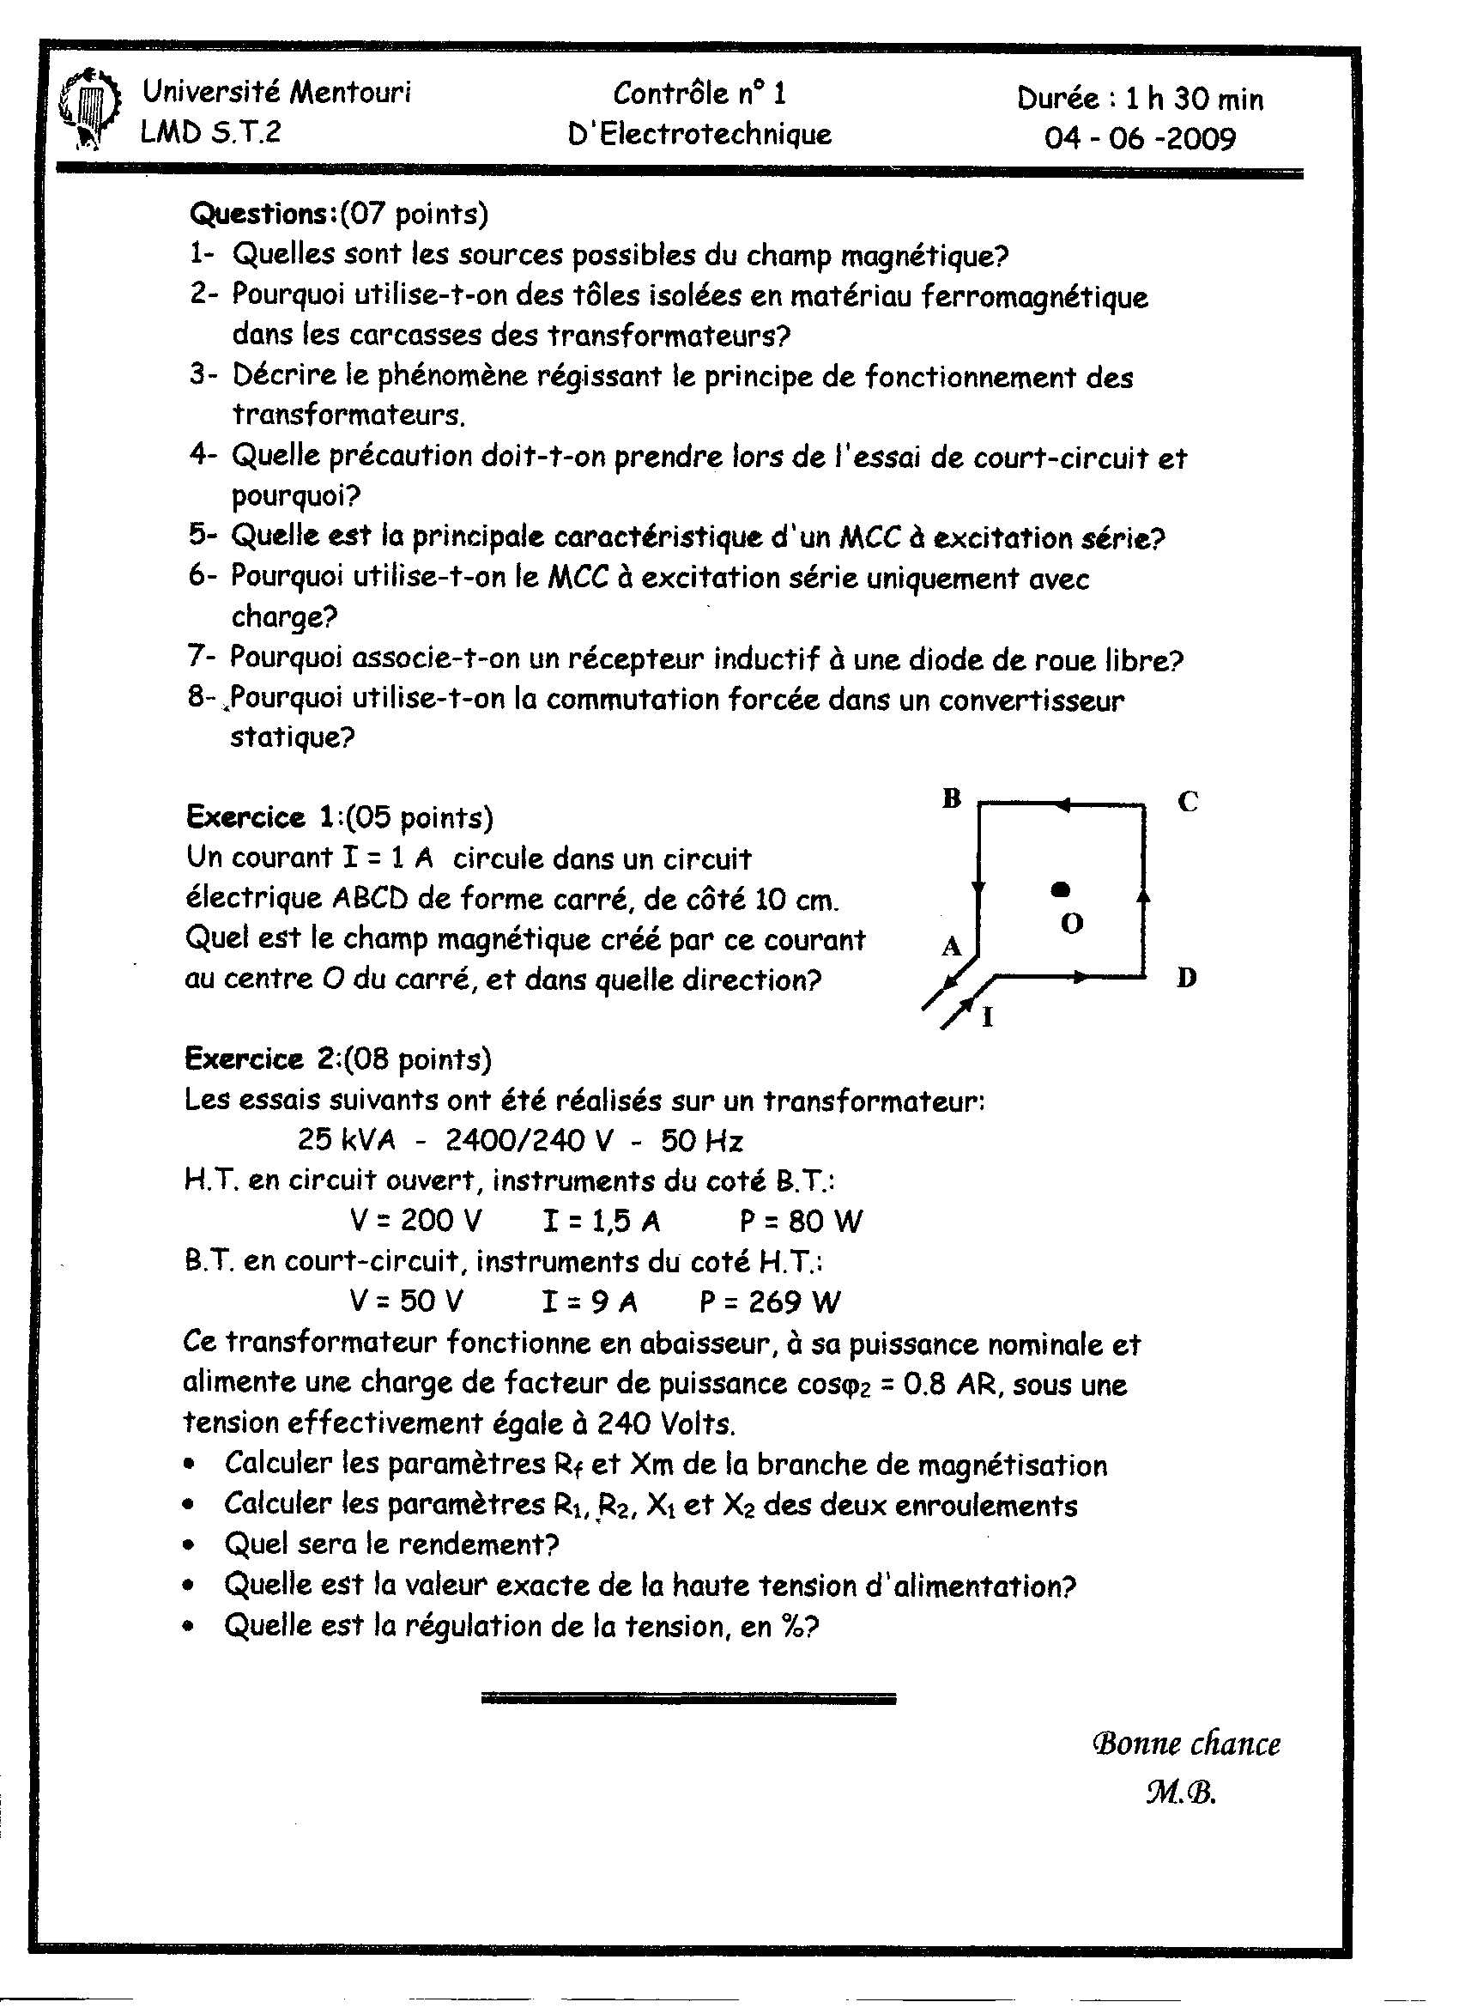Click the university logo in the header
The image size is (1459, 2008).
[x=88, y=110]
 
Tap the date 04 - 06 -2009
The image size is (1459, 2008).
[x=1140, y=139]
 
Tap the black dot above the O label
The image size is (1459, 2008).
[x=1061, y=889]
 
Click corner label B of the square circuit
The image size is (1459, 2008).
[x=952, y=798]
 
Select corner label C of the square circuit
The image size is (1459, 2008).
[x=1188, y=802]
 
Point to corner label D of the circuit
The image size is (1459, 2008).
[x=1187, y=979]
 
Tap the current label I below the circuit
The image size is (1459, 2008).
[x=988, y=1018]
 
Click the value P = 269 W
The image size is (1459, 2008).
[x=769, y=1301]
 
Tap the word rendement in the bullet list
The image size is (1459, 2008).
[x=469, y=1544]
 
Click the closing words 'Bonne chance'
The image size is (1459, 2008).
[x=1186, y=1744]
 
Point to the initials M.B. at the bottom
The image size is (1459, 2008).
[x=1181, y=1792]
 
